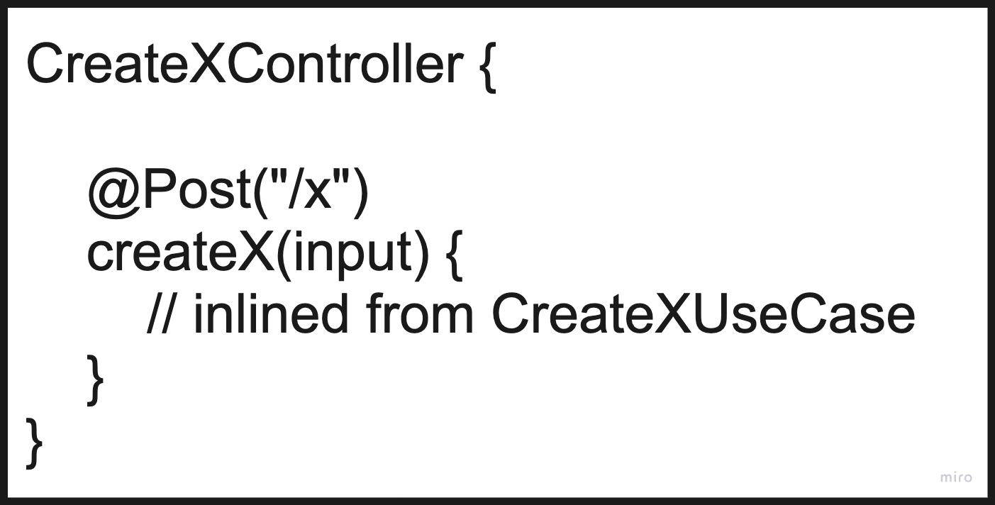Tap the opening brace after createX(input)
[454, 257]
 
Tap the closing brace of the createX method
[95, 380]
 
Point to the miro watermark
[956, 478]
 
